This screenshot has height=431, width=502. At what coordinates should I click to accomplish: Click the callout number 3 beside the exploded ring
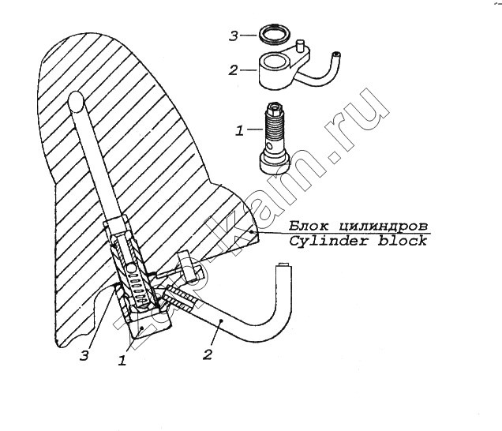pyautogui.click(x=234, y=36)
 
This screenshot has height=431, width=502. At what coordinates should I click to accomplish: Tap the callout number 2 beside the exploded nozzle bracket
pyautogui.click(x=234, y=69)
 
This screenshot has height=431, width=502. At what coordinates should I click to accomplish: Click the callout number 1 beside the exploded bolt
pyautogui.click(x=239, y=130)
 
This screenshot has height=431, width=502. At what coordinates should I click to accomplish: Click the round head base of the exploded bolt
pyautogui.click(x=275, y=163)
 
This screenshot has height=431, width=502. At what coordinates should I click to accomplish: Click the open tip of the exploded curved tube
pyautogui.click(x=336, y=54)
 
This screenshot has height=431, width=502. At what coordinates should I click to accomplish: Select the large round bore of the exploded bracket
pyautogui.click(x=275, y=61)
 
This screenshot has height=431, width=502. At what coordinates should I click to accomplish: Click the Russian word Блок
pyautogui.click(x=309, y=226)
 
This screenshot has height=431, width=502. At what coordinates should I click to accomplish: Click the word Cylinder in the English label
pyautogui.click(x=328, y=241)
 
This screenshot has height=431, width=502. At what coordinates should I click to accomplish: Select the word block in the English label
pyautogui.click(x=403, y=241)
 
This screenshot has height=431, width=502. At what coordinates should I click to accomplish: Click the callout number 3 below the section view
pyautogui.click(x=84, y=355)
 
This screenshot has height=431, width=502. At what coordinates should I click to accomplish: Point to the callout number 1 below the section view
pyautogui.click(x=122, y=361)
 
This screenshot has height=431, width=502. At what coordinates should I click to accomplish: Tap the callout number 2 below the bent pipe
pyautogui.click(x=208, y=354)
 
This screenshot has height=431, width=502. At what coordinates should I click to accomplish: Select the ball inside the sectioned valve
pyautogui.click(x=131, y=268)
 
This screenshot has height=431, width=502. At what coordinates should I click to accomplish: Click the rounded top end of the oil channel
pyautogui.click(x=76, y=99)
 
